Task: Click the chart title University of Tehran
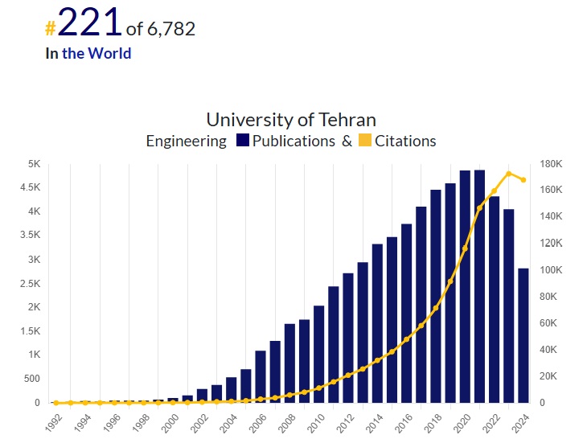[x=291, y=120]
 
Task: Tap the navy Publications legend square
[x=243, y=142]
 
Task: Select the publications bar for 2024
[x=523, y=334]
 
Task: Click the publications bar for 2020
[x=465, y=285]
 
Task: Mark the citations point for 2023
[x=508, y=174]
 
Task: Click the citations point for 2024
[x=523, y=180]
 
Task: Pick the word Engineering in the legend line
[x=186, y=142]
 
